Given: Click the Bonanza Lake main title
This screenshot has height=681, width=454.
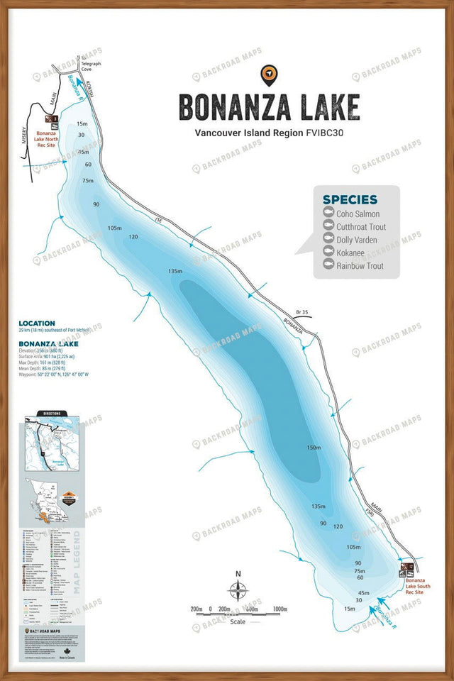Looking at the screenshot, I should click(x=269, y=107).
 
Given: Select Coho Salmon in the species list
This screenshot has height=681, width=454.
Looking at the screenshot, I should click(x=358, y=214).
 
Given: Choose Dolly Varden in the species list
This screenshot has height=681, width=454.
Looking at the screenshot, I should click(x=357, y=240).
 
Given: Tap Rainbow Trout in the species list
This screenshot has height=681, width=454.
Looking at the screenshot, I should click(x=360, y=266).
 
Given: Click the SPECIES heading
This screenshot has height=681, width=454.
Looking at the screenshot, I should click(x=350, y=199).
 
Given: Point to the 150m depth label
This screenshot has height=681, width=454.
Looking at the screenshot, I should click(x=314, y=448).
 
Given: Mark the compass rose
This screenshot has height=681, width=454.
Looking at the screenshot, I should click(x=238, y=590).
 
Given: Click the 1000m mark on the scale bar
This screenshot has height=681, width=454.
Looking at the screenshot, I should click(x=279, y=609).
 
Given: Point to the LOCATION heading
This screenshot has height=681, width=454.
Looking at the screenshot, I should click(x=37, y=323).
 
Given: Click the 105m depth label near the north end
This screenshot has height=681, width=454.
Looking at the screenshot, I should click(x=115, y=228).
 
